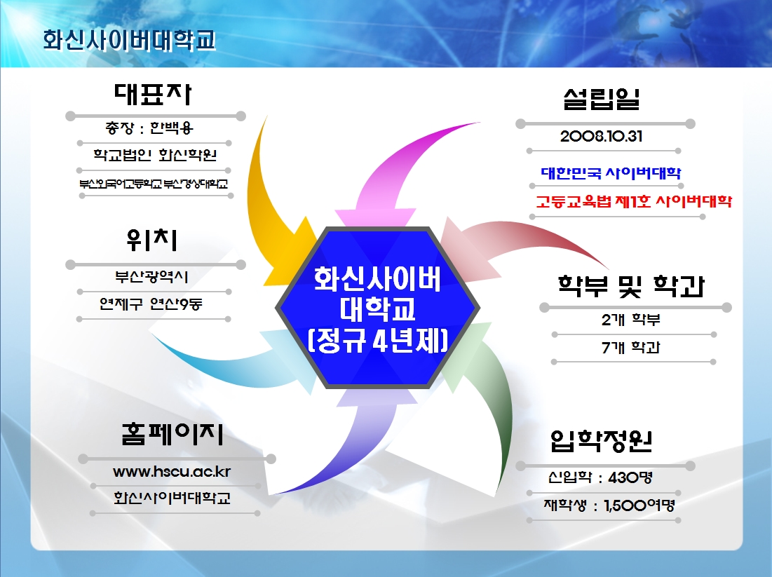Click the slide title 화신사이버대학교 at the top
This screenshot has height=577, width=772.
[x=130, y=40]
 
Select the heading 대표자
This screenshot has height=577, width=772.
[x=153, y=93]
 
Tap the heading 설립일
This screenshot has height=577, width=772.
[x=602, y=99]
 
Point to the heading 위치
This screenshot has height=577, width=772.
[x=151, y=240]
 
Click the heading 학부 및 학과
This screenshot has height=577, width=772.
[x=631, y=286]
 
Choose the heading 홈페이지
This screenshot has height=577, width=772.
[x=172, y=434]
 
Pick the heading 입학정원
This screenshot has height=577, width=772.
[x=601, y=440]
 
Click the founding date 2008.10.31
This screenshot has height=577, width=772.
[x=601, y=137]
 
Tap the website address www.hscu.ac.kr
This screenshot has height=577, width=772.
[x=172, y=472]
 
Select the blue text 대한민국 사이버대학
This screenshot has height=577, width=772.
[x=611, y=172]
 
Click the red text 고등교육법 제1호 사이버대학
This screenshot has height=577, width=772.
[x=634, y=201]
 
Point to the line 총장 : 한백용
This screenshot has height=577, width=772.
[x=149, y=128]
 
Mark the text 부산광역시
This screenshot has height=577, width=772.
[x=151, y=277]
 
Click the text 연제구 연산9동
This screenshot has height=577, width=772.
[x=151, y=304]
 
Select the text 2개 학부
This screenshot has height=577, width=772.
[x=630, y=320]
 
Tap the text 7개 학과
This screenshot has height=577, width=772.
[x=630, y=348]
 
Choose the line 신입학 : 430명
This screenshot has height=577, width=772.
[x=600, y=477]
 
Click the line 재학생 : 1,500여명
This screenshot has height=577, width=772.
[x=609, y=505]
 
